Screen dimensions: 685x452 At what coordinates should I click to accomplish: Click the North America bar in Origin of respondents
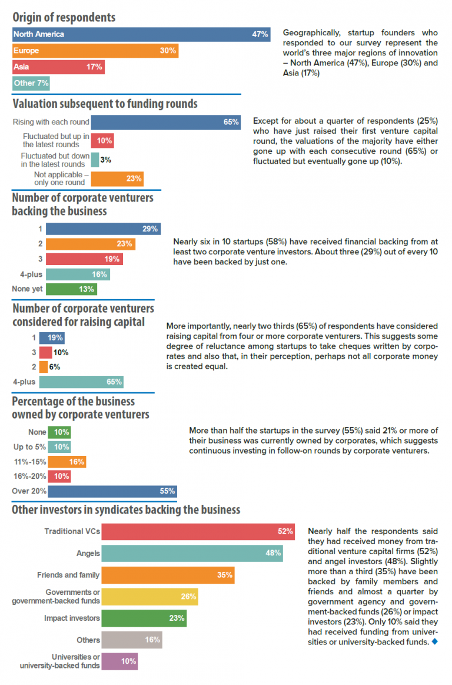point(141,34)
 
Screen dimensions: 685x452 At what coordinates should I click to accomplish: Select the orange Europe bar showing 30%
point(95,51)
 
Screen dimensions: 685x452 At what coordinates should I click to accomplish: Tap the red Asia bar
point(58,67)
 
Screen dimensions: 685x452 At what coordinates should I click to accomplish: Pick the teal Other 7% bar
point(31,83)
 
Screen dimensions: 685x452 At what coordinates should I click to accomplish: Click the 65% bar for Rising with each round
point(166,122)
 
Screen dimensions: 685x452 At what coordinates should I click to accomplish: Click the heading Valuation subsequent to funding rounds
point(105,104)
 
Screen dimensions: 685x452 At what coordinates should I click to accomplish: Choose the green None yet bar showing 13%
point(71,289)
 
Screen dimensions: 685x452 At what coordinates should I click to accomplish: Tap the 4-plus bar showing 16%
point(78,274)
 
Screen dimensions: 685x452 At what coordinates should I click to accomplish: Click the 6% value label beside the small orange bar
point(55,367)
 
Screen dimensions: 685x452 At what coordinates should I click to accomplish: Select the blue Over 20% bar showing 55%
point(112,491)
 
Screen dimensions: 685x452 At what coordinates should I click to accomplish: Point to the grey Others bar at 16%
point(131,640)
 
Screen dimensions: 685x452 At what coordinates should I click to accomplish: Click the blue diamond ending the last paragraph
point(434,642)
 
